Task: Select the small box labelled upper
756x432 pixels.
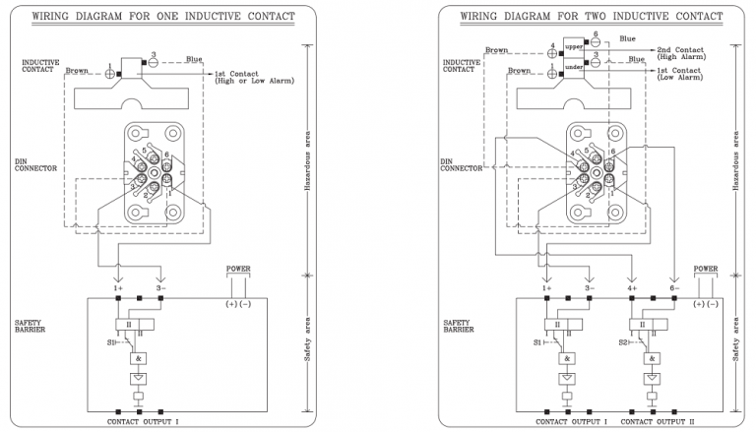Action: (575, 46)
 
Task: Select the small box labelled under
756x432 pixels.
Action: (575, 65)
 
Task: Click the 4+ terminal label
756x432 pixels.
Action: (633, 287)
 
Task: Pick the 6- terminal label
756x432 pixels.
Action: (674, 287)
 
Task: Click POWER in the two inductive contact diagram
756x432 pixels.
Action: (706, 267)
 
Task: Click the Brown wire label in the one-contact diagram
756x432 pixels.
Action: (78, 71)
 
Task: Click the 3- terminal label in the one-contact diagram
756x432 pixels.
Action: (159, 287)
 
